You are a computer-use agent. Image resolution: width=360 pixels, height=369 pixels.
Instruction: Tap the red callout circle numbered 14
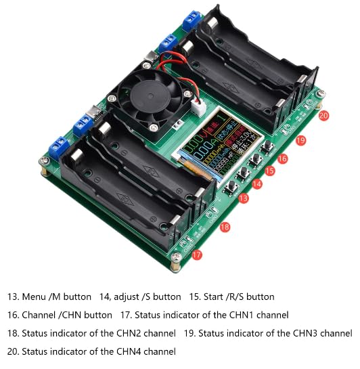coord(257,184)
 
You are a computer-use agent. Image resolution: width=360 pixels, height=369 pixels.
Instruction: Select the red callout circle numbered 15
coord(270,171)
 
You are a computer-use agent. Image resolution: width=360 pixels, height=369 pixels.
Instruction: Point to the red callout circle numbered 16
coord(283,158)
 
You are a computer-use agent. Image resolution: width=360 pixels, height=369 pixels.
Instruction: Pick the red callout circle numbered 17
coord(197,255)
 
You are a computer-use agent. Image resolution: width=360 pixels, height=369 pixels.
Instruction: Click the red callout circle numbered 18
coord(225,227)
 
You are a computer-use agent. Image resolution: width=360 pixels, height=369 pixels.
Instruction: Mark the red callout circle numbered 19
coord(301,139)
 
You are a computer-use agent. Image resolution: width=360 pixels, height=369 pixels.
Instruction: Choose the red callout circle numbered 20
coord(323,116)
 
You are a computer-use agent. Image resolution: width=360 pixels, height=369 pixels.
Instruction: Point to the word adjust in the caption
coord(128,297)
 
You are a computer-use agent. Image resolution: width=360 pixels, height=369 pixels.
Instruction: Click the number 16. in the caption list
coord(13,316)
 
